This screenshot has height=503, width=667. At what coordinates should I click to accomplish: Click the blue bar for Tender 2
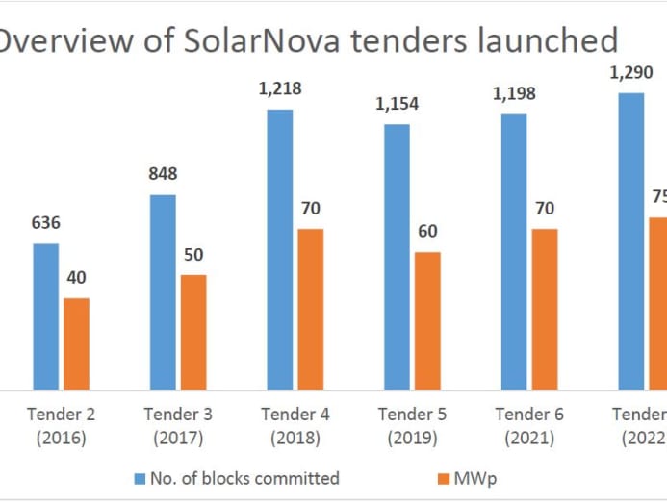(x=46, y=316)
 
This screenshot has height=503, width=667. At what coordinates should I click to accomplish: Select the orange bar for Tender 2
(x=76, y=343)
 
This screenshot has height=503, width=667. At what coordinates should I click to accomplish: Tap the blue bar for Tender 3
(x=163, y=292)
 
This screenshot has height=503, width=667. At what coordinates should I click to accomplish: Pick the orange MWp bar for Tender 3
(x=192, y=332)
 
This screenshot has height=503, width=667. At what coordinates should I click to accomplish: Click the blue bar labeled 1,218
(x=280, y=249)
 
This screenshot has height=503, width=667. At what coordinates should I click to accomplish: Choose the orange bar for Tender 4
(x=310, y=309)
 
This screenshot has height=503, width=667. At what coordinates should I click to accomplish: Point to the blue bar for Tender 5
(x=397, y=257)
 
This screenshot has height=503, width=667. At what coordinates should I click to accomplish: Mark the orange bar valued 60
(x=427, y=320)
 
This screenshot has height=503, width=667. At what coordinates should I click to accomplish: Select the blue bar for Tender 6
(x=514, y=252)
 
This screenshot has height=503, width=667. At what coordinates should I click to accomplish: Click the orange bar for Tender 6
(x=544, y=309)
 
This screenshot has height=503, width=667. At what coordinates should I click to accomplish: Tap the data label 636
(x=46, y=223)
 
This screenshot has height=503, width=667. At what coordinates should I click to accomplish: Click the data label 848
(x=163, y=174)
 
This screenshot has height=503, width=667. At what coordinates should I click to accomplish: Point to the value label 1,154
(x=398, y=104)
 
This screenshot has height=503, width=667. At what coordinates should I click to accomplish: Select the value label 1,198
(x=514, y=93)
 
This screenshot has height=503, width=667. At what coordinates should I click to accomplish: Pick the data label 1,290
(x=630, y=72)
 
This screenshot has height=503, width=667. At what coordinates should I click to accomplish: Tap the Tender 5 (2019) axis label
(x=412, y=426)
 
